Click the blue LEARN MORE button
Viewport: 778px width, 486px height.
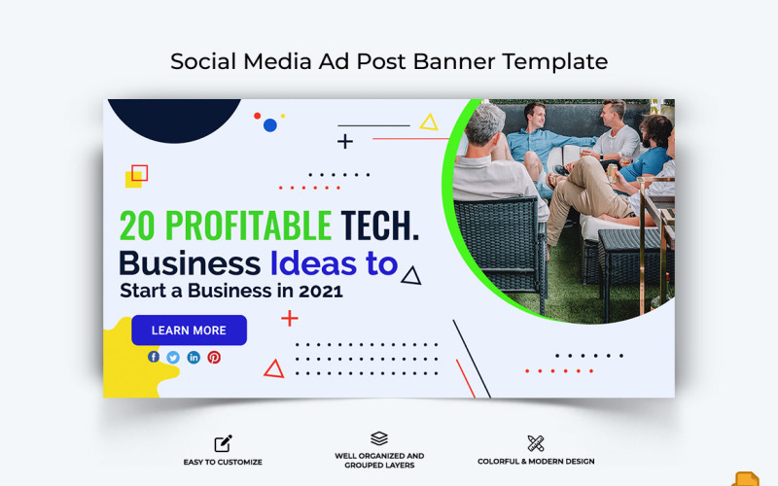tap(189, 330)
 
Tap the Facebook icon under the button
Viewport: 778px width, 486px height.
tap(154, 357)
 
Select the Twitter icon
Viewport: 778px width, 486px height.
tap(173, 357)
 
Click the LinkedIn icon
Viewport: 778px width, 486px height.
tap(194, 357)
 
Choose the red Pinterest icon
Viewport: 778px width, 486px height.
tap(214, 357)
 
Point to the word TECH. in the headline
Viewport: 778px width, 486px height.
tap(380, 226)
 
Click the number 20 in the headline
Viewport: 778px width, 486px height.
tap(138, 226)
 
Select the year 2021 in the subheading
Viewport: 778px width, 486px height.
tap(322, 290)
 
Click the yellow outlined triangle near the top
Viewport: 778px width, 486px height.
tap(428, 122)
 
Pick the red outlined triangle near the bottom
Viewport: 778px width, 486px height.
tap(274, 368)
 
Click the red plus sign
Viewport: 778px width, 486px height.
tap(290, 318)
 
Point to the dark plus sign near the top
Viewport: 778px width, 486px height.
tap(345, 142)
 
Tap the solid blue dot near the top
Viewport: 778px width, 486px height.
tap(270, 125)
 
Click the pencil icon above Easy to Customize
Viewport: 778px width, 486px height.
tap(223, 443)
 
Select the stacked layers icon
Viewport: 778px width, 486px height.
tap(379, 438)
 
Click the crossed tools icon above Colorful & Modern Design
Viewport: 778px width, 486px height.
tap(536, 443)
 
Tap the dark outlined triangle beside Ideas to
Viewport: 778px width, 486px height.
tap(411, 276)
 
